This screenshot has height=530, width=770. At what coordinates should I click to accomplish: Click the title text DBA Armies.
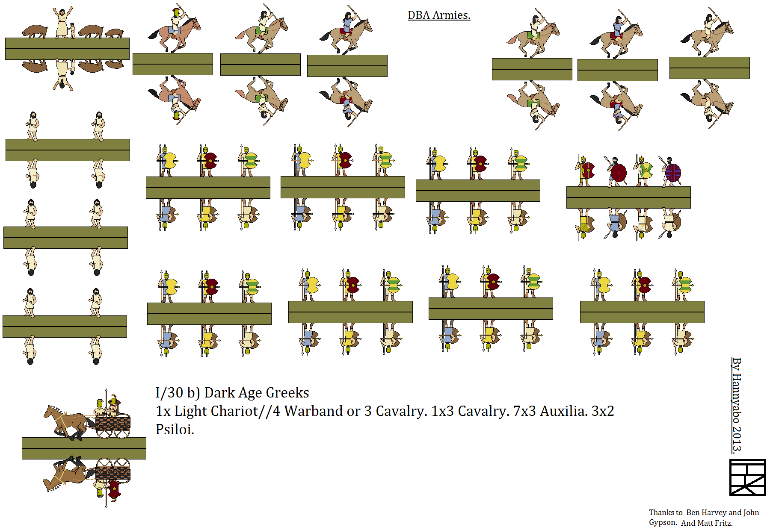(x=439, y=15)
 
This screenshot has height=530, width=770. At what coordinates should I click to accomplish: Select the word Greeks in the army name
(x=287, y=392)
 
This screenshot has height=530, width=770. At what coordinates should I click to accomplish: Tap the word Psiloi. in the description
(x=175, y=429)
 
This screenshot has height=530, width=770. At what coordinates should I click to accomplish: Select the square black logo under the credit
(x=747, y=477)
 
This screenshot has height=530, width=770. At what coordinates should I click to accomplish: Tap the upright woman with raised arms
(x=62, y=22)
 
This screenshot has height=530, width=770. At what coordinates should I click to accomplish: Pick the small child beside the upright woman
(x=73, y=30)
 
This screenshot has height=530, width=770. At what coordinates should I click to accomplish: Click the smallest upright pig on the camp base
(x=114, y=33)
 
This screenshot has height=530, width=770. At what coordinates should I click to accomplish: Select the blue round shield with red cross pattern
(x=673, y=173)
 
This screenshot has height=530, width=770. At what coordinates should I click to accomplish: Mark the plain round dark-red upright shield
(x=619, y=173)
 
